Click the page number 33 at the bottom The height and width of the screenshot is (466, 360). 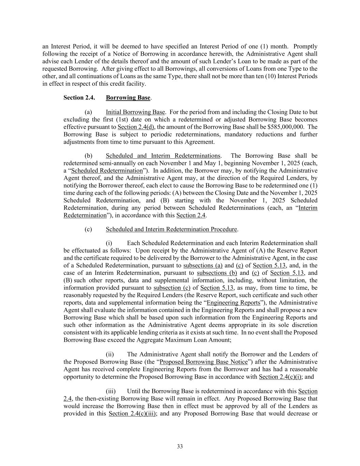pyautogui.click(x=180, y=447)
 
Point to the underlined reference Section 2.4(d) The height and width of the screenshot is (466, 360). pyautogui.click(x=136, y=127)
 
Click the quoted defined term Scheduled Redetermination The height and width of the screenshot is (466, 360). pyautogui.click(x=107, y=170)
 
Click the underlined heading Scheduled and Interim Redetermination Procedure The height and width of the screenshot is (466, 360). pyautogui.click(x=171, y=229)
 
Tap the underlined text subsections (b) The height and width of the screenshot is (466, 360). pyautogui.click(x=217, y=273)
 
